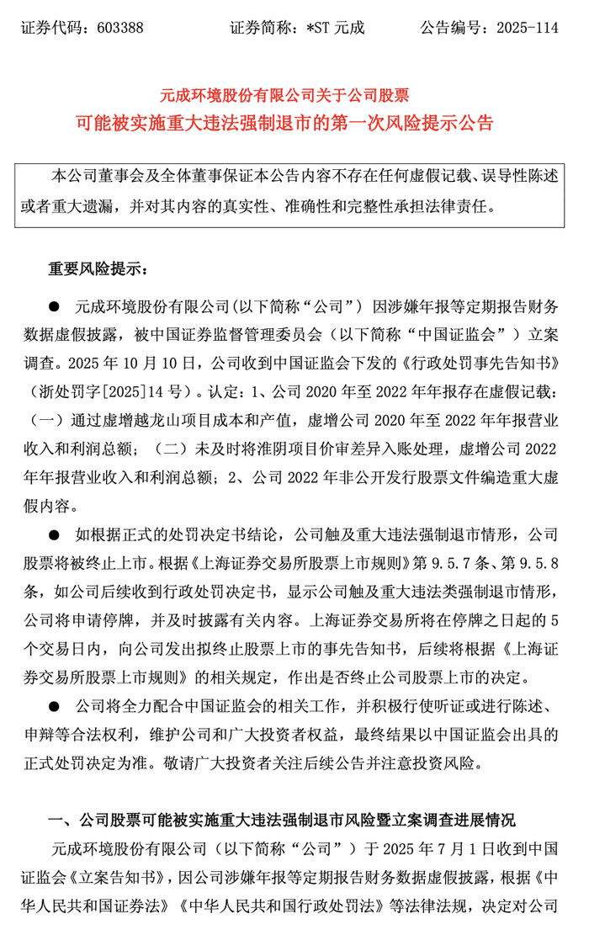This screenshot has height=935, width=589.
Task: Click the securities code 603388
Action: pos(120,28)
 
